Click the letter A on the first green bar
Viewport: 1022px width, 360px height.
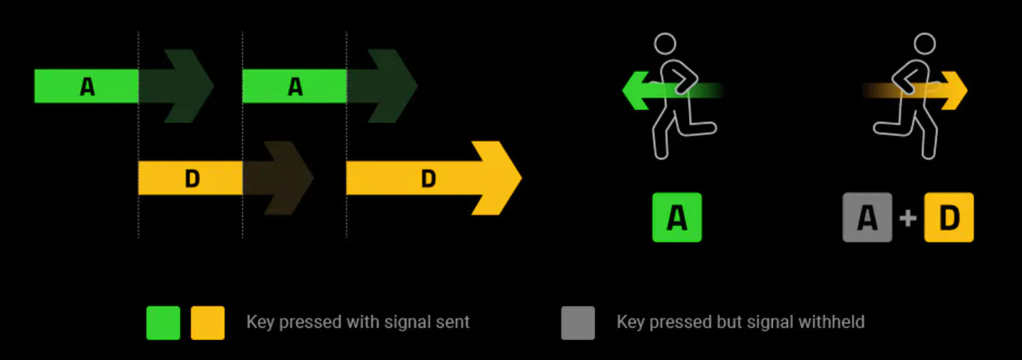click(87, 86)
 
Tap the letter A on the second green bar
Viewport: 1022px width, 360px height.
click(295, 86)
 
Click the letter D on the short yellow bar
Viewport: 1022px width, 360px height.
click(192, 179)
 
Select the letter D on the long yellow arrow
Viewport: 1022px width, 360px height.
click(429, 179)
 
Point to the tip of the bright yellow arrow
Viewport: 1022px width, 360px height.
click(519, 178)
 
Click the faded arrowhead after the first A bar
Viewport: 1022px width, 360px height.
click(188, 86)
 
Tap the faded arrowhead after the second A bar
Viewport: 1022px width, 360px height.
click(393, 86)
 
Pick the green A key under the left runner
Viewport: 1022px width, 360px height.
click(676, 217)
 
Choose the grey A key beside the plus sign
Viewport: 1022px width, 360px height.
click(867, 217)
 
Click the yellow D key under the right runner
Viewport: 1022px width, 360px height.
click(949, 217)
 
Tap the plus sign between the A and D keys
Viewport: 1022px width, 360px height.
click(908, 218)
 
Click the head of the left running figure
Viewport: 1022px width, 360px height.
click(664, 43)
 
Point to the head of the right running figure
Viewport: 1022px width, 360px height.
click(925, 43)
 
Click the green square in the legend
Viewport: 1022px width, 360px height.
click(163, 322)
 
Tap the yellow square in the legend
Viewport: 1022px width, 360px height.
click(208, 322)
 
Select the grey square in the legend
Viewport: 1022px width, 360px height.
click(578, 322)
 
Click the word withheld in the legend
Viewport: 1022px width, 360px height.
click(834, 322)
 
